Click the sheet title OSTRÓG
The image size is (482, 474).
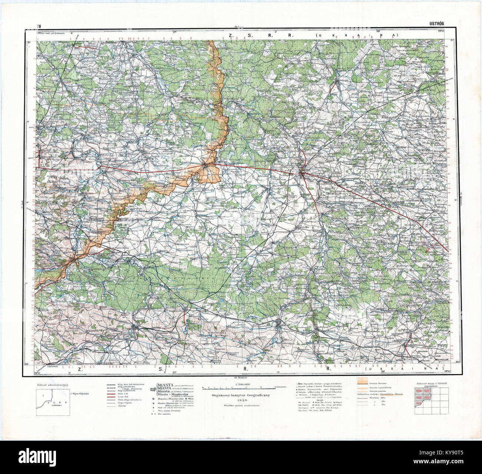[436, 23]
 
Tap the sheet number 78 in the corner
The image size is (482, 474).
[39, 26]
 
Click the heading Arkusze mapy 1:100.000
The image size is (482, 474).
[430, 384]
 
